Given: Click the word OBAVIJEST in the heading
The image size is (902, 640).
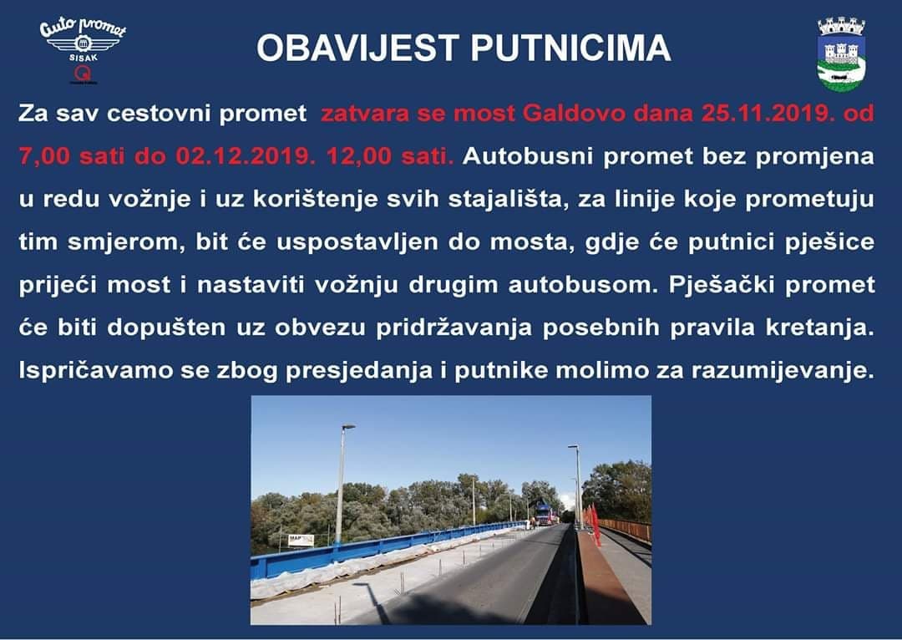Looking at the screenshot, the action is coord(357,48).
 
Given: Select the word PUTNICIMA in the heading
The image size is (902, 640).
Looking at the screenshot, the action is coord(570,48).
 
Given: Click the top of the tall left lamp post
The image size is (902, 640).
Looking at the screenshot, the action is coord(348,426).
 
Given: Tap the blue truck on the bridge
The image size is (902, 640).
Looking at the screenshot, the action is coord(544,512).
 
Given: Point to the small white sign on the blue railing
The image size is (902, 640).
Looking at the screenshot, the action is coord(301,540).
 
